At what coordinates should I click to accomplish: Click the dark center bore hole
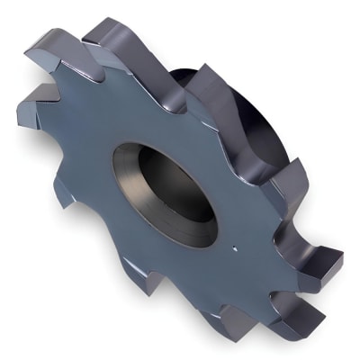click(x=175, y=191)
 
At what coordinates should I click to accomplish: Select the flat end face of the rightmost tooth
click(x=331, y=261)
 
